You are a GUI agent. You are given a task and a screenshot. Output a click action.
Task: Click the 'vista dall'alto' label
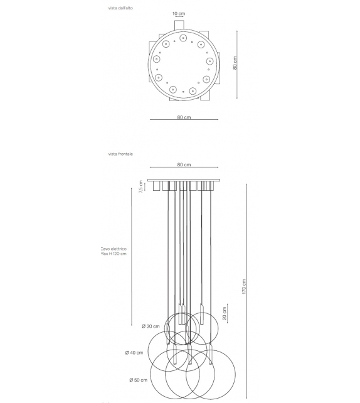click(120, 8)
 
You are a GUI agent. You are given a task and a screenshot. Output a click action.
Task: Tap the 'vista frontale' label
click(120, 154)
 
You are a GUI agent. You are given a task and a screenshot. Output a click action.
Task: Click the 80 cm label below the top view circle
click(183, 117)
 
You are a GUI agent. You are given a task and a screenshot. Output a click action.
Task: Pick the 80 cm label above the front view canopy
click(183, 164)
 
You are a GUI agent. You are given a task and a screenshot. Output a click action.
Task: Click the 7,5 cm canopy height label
click(142, 188)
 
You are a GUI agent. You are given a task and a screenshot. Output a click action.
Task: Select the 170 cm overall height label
click(244, 288)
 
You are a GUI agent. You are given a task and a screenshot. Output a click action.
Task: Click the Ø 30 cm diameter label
click(151, 326)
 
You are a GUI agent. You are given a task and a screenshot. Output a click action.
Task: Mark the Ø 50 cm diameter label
click(139, 380)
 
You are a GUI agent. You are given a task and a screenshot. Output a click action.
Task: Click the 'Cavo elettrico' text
click(114, 249)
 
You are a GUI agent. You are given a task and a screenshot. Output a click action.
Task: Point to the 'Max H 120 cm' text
click(114, 254)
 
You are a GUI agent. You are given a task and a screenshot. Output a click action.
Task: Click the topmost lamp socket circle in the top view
click(183, 38)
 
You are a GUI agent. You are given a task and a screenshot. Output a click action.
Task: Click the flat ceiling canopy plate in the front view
click(183, 180)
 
